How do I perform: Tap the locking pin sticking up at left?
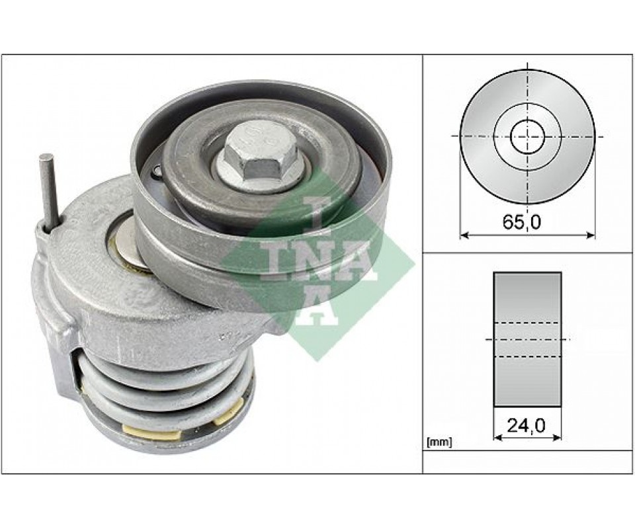pyautogui.click(x=50, y=192)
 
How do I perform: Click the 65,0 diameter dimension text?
pyautogui.click(x=522, y=222)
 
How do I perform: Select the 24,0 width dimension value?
pyautogui.click(x=526, y=425)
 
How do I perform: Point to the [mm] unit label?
pyautogui.click(x=439, y=443)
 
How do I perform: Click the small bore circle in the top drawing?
pyautogui.click(x=528, y=136)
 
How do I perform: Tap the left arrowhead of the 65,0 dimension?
pyautogui.click(x=464, y=235)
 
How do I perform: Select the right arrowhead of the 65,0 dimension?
pyautogui.click(x=591, y=235)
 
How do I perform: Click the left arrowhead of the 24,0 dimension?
pyautogui.click(x=497, y=437)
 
